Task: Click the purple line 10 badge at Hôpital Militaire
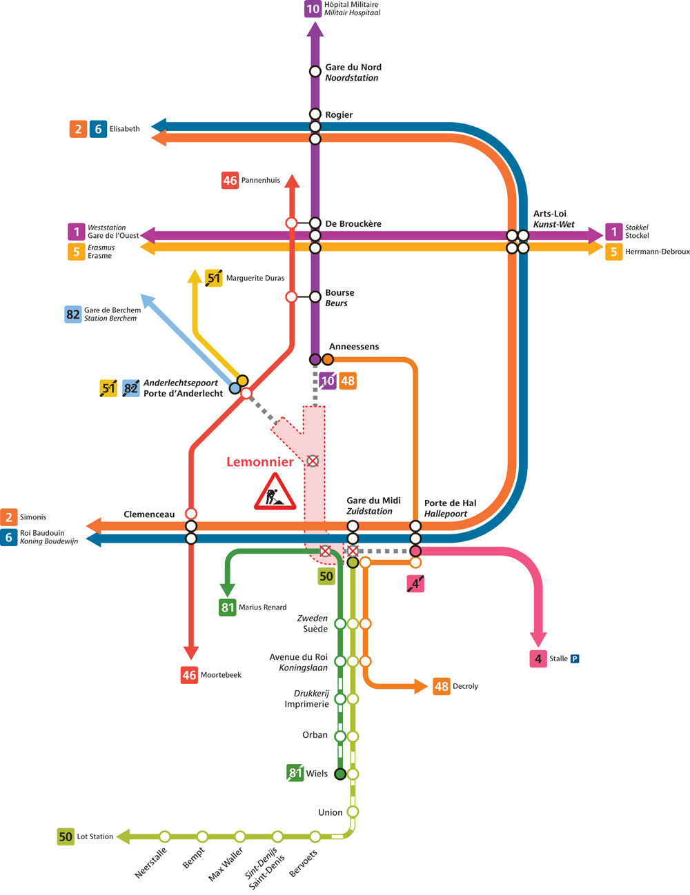[313, 9]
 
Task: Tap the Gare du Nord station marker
[315, 71]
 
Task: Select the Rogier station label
[339, 115]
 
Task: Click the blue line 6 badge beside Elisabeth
[98, 129]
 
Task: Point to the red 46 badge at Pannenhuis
[230, 181]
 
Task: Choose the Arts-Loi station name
[549, 214]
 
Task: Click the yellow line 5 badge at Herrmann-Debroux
[613, 252]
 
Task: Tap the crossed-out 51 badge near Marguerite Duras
[214, 278]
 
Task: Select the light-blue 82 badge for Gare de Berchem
[73, 314]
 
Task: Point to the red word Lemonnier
[260, 462]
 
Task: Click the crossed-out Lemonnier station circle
[313, 461]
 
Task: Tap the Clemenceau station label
[149, 514]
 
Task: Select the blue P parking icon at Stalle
[575, 658]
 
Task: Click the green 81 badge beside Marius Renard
[228, 607]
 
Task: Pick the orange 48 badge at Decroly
[442, 686]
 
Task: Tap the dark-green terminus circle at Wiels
[340, 774]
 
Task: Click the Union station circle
[353, 812]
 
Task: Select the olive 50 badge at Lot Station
[66, 836]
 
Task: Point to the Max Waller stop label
[226, 864]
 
